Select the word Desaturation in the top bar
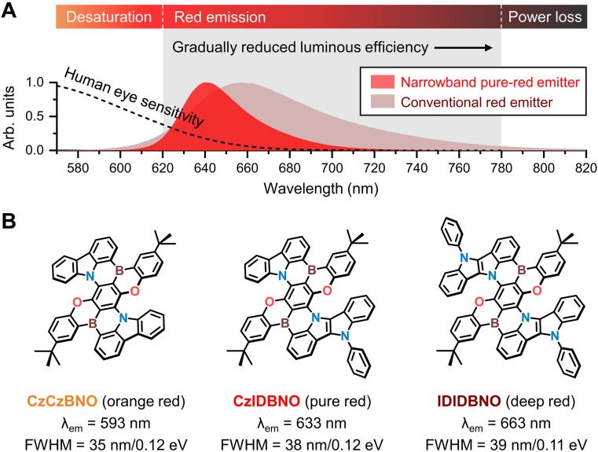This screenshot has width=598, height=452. tap(108, 17)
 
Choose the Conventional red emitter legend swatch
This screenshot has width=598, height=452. tap(374, 102)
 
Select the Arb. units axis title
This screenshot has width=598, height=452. tap(11, 115)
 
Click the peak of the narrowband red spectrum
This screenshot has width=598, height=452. tap(207, 83)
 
